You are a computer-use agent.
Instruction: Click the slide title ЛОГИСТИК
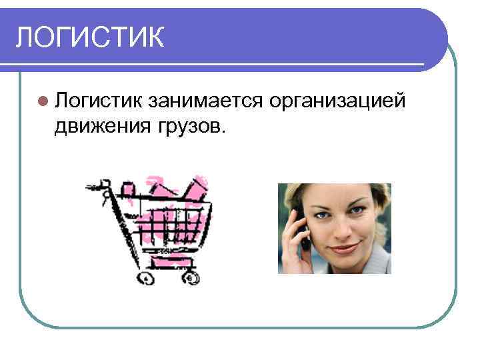point(90,36)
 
